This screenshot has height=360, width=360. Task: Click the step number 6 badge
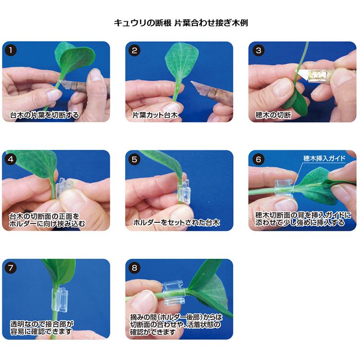point(258,159)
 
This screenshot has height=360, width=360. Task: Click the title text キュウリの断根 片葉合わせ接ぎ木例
point(180,22)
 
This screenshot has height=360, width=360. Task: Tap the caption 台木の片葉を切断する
point(44,115)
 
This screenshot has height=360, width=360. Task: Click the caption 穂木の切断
point(273,115)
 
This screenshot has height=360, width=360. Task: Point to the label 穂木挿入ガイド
point(324,158)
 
